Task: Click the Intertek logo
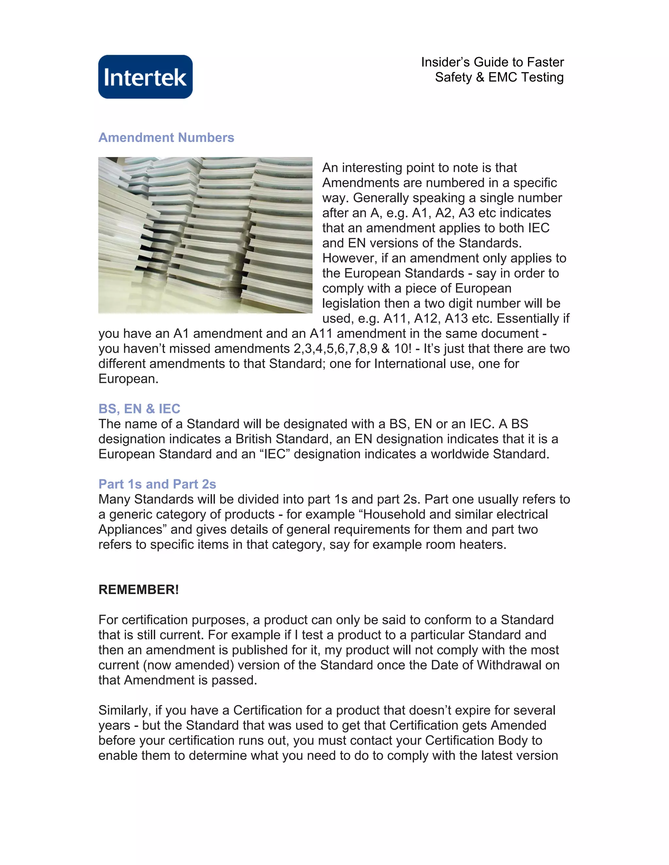pos(145,77)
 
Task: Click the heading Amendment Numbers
pos(166,137)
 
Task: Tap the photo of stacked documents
pos(205,235)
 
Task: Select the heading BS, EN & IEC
pos(139,408)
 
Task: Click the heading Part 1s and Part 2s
pos(157,484)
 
